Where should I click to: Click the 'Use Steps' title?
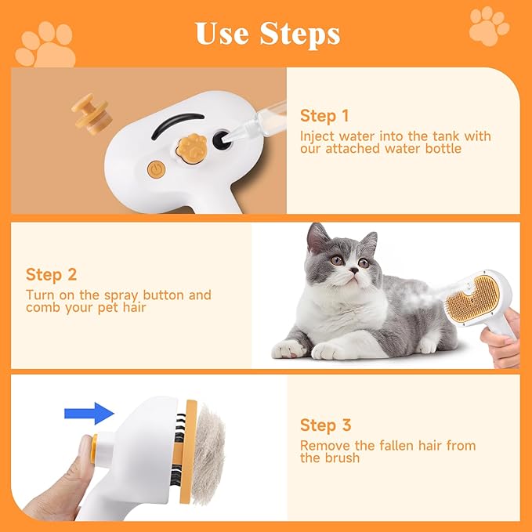pos(266,34)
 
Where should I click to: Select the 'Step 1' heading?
pos(324,117)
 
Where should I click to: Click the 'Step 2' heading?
pos(50,274)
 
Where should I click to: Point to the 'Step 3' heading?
pos(325,425)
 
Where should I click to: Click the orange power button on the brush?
pos(155,168)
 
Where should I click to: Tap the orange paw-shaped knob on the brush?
pos(192,145)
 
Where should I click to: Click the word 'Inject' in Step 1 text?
pos(318,136)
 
